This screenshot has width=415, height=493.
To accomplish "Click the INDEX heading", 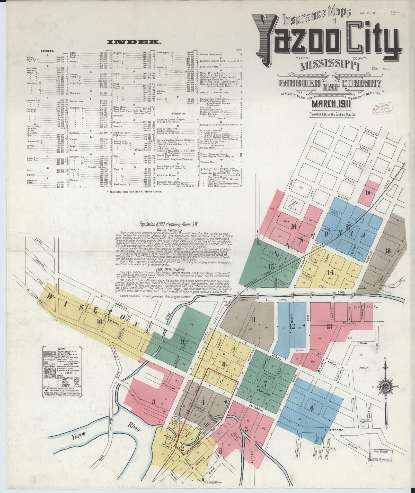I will point(134,42).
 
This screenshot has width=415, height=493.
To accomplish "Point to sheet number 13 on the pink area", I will point(330,327).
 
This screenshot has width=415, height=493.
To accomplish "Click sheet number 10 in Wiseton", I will point(99,321).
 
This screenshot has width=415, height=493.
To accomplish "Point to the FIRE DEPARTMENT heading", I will point(170,270).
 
